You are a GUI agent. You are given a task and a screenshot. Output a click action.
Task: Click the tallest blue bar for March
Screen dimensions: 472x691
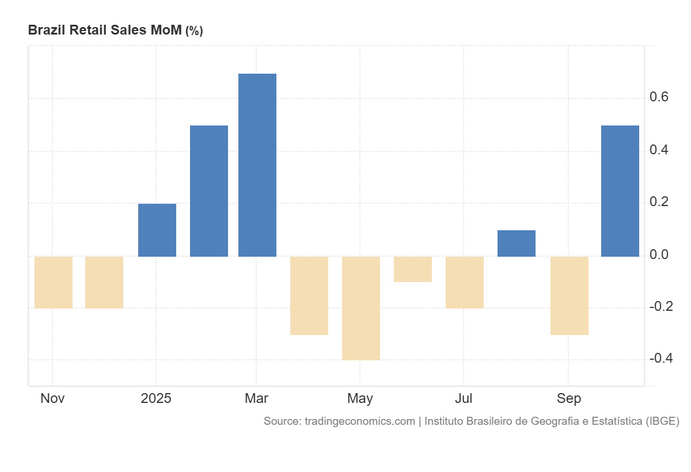click(x=257, y=165)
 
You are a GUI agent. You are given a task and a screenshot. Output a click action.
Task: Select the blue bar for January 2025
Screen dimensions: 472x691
click(x=157, y=230)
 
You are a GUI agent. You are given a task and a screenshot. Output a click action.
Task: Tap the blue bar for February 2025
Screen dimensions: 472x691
click(x=209, y=191)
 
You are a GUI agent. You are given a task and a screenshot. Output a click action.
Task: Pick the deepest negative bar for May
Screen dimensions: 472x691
click(x=361, y=308)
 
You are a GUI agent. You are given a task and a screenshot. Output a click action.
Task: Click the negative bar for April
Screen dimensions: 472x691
click(x=309, y=295)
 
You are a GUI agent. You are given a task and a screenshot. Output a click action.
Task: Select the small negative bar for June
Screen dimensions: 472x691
click(x=413, y=269)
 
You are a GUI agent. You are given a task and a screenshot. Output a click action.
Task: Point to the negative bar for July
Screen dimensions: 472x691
click(x=465, y=282)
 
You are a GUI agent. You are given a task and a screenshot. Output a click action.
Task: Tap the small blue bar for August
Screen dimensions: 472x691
click(x=517, y=243)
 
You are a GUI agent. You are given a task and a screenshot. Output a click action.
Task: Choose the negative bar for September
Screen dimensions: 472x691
click(x=569, y=295)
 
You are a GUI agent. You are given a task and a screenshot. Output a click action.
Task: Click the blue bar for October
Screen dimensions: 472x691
click(x=620, y=191)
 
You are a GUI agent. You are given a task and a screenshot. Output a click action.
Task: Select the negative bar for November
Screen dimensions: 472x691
click(x=54, y=282)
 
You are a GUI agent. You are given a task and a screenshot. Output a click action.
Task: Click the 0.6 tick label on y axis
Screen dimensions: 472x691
click(x=659, y=97)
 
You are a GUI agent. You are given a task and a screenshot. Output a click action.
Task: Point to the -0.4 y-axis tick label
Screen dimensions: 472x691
click(x=661, y=359)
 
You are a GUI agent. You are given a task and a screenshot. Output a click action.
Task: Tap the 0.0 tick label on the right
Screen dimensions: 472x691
click(x=659, y=254)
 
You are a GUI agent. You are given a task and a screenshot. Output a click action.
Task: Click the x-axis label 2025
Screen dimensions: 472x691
click(x=156, y=398)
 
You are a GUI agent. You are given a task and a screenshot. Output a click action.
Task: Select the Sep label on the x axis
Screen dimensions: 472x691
click(x=568, y=398)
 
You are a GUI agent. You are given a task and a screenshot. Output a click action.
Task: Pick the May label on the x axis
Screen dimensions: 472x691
click(x=360, y=398)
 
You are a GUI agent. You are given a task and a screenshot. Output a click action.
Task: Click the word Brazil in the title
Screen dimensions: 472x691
click(x=47, y=31)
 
